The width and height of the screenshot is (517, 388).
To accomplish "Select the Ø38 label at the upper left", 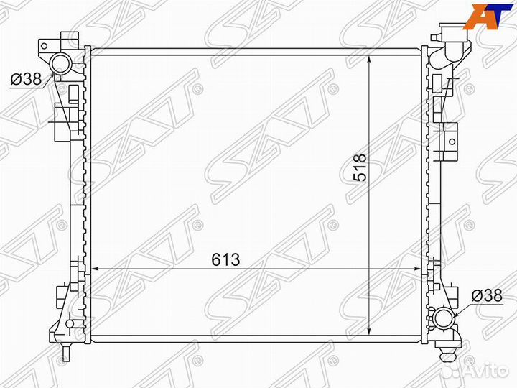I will (25, 80).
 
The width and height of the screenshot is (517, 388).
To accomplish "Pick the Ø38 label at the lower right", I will (486, 295).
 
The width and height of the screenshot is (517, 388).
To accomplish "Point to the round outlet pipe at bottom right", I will (445, 318).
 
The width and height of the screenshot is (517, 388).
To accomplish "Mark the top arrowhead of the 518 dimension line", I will (369, 57).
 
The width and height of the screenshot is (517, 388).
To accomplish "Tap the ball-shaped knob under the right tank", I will (449, 351).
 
